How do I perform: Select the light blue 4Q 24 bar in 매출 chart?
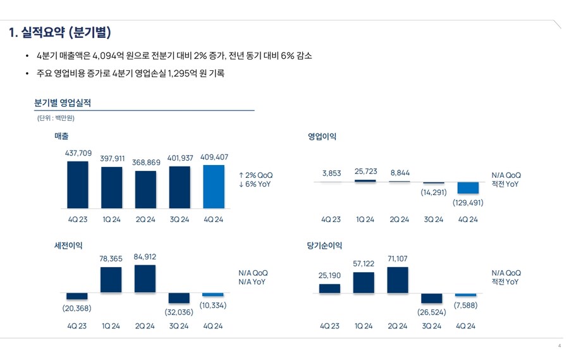(x=213, y=187)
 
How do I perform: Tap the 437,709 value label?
(x=78, y=153)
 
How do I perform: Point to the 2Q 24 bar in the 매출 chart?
(x=145, y=189)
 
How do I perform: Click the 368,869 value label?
(x=146, y=163)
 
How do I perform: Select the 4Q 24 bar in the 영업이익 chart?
(x=468, y=188)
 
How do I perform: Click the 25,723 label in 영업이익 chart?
(x=366, y=171)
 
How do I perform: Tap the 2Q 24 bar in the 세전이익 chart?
(x=145, y=278)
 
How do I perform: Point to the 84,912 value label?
(x=145, y=257)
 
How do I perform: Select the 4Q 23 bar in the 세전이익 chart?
(x=77, y=296)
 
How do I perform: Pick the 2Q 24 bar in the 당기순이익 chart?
(x=398, y=280)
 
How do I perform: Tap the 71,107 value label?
(x=398, y=259)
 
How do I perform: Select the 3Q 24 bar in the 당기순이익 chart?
(x=432, y=298)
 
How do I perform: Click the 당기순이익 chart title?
(x=325, y=245)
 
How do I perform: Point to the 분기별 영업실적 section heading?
(x=63, y=103)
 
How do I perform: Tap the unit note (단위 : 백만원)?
(x=56, y=118)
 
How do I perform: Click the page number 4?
(x=559, y=346)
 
